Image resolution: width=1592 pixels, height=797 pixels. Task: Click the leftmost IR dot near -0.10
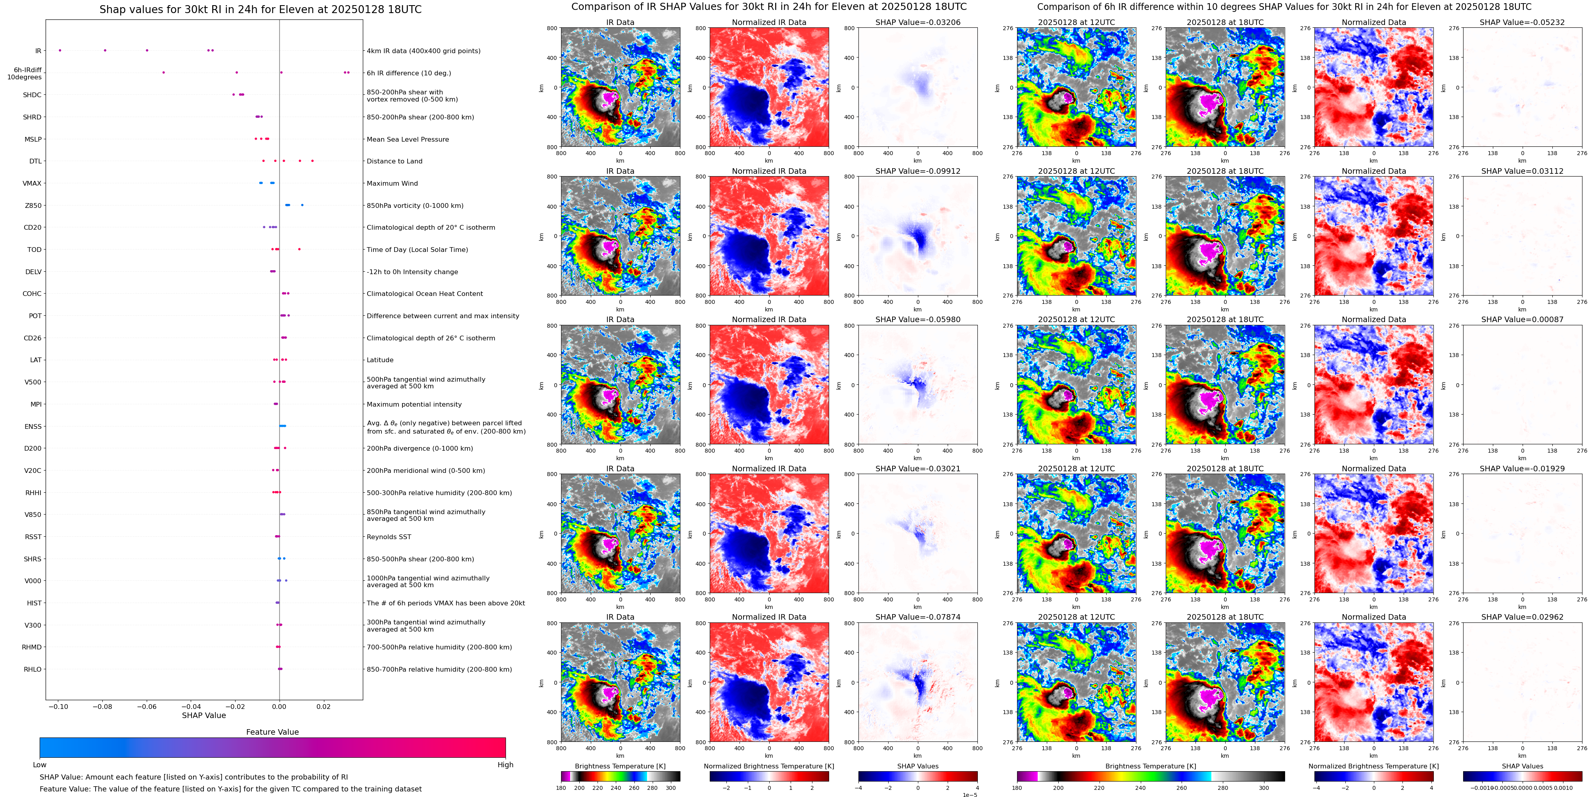point(60,50)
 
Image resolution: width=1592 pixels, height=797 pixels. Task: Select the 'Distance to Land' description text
point(394,161)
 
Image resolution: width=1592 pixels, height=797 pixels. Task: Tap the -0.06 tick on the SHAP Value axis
point(146,706)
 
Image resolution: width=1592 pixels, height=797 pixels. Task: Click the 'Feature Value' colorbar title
point(272,732)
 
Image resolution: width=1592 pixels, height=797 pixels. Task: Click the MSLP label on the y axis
point(33,139)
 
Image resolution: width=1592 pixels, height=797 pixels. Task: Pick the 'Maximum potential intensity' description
point(414,404)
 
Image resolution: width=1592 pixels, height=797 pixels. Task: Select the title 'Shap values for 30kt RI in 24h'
point(260,9)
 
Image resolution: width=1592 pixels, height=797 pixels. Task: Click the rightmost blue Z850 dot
point(302,205)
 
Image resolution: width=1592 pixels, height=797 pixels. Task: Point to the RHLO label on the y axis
point(33,669)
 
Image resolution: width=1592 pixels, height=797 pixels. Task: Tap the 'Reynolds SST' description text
point(389,537)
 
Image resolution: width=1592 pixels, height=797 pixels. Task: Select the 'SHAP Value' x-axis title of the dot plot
point(204,715)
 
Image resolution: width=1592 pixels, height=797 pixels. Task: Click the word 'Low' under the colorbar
point(40,765)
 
